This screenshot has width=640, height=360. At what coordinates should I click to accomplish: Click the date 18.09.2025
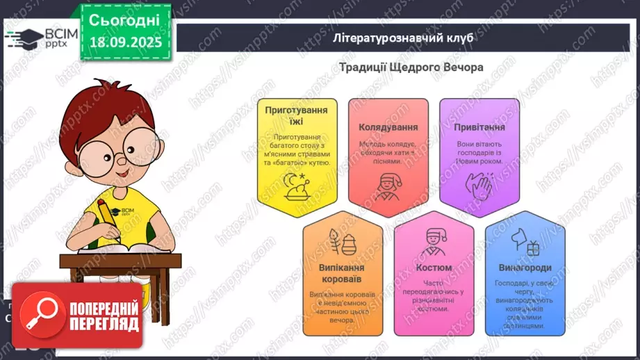(x=125, y=42)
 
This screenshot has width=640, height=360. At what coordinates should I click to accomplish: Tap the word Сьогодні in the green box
(x=124, y=19)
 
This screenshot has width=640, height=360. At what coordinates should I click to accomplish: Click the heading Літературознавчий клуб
(x=403, y=38)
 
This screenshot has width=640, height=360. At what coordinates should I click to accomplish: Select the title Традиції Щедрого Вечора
(x=411, y=67)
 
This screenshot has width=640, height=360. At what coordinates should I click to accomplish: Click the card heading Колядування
(x=388, y=127)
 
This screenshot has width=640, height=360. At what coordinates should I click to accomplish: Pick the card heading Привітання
(x=479, y=127)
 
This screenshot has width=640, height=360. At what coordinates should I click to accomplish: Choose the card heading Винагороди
(x=525, y=268)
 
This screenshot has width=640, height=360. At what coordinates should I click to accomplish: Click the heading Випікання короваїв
(x=343, y=273)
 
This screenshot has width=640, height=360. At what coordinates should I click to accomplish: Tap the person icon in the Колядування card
(x=388, y=185)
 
